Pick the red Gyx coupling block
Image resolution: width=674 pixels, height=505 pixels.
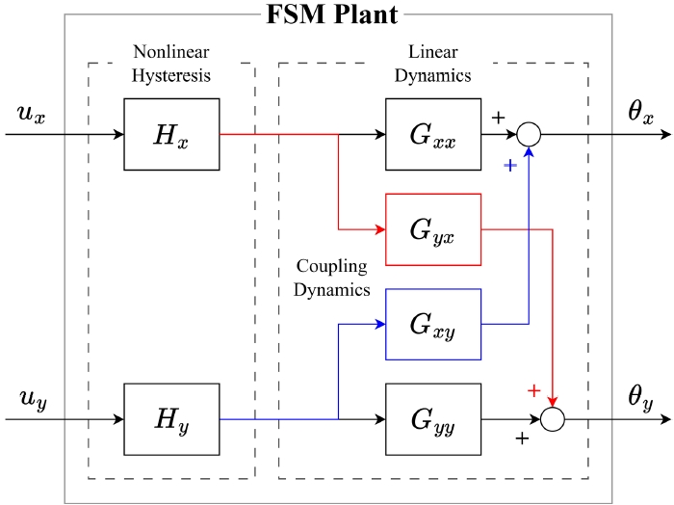coord(432,228)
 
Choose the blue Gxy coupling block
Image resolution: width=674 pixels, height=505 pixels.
coord(432,324)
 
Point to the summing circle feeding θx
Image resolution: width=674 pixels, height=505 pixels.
coord(529,134)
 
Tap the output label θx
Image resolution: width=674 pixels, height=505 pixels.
coord(641,114)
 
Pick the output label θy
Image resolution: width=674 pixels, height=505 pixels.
coord(641,397)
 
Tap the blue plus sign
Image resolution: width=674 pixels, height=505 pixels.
coord(510,165)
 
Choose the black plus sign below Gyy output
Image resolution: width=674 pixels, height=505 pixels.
coord(523,439)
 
